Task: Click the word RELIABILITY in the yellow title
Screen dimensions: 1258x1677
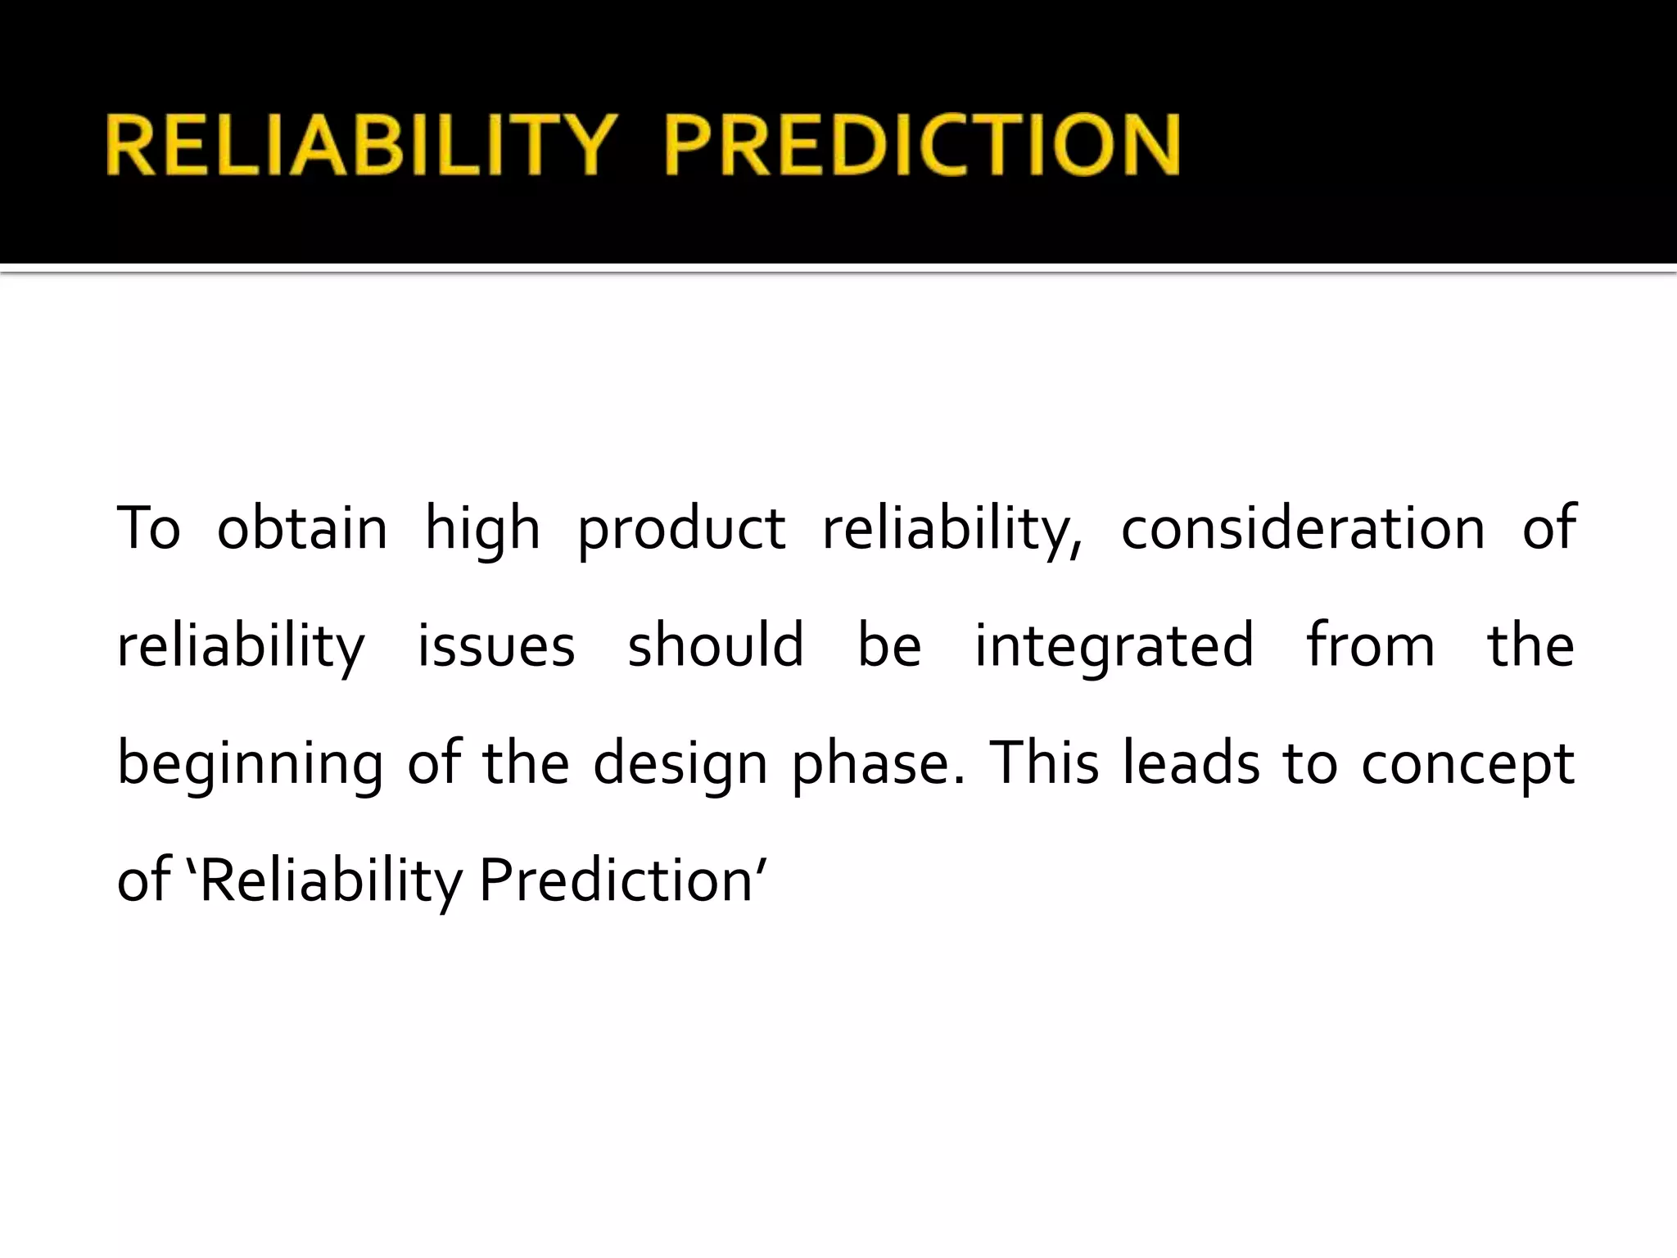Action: click(x=360, y=145)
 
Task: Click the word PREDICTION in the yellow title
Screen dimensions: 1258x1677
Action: click(x=921, y=145)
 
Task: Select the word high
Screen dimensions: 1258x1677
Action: click(x=482, y=531)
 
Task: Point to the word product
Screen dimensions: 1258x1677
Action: click(x=681, y=531)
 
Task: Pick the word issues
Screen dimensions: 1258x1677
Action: click(x=496, y=646)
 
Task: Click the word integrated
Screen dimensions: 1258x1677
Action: click(x=1114, y=647)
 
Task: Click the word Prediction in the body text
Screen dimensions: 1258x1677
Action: click(x=616, y=880)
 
